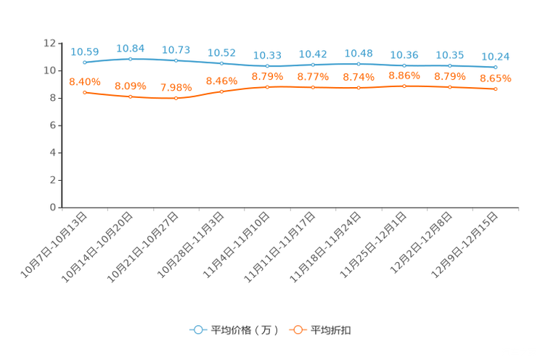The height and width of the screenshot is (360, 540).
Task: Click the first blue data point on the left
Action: pyautogui.click(x=85, y=62)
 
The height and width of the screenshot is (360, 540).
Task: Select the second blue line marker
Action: pyautogui.click(x=131, y=59)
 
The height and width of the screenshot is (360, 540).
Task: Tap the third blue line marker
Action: pyautogui.click(x=176, y=60)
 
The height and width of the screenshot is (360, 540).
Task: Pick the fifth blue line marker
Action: pyautogui.click(x=268, y=66)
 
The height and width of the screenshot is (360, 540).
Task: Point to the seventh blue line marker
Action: pyautogui.click(x=359, y=64)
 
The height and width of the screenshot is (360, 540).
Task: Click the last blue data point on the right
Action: pyautogui.click(x=495, y=67)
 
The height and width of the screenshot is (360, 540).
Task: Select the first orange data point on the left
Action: pyautogui.click(x=85, y=92)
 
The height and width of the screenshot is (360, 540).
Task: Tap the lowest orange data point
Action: pyautogui.click(x=176, y=98)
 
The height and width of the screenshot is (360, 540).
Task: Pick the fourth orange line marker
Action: pyautogui.click(x=222, y=91)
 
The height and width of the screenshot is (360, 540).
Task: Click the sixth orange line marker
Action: pyautogui.click(x=313, y=87)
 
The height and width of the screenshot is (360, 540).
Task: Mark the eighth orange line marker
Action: pyautogui.click(x=404, y=86)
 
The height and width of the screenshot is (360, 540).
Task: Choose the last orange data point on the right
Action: pyautogui.click(x=495, y=89)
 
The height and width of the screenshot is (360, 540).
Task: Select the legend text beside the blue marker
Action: pyautogui.click(x=245, y=330)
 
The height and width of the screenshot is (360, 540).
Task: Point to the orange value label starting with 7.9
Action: pyautogui.click(x=176, y=87)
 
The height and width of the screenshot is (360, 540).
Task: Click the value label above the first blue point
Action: pyautogui.click(x=85, y=52)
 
